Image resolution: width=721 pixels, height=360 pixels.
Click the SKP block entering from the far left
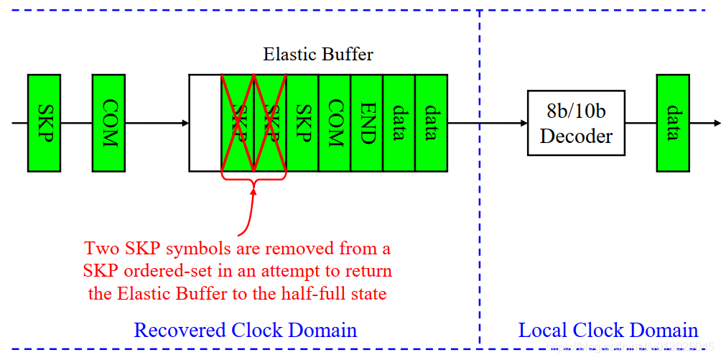click(x=44, y=123)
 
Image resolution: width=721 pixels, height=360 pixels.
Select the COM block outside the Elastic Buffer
click(x=108, y=123)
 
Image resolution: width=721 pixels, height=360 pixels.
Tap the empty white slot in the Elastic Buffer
click(x=205, y=123)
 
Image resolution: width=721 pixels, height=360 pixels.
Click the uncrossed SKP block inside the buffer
click(x=302, y=123)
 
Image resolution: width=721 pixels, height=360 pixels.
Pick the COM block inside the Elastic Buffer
click(x=335, y=123)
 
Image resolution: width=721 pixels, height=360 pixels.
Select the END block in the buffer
click(x=367, y=123)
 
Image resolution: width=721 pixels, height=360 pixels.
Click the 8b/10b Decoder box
click(x=576, y=123)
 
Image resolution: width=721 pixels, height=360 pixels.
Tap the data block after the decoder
click(x=673, y=123)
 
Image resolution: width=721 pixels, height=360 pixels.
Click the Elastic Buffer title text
click(x=318, y=55)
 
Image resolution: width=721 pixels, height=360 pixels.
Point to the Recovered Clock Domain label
click(x=245, y=330)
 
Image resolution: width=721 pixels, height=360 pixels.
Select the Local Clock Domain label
click(x=608, y=330)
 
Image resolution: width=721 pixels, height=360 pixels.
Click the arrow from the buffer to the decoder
click(x=488, y=123)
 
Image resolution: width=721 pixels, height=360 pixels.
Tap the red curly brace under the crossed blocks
click(x=253, y=180)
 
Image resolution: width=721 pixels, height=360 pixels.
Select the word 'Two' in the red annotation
click(x=101, y=249)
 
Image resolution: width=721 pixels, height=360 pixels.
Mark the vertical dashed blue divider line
click(x=480, y=216)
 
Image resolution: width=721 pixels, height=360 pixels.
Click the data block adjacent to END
click(x=399, y=123)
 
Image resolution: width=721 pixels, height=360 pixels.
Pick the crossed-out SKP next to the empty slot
click(x=238, y=123)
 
